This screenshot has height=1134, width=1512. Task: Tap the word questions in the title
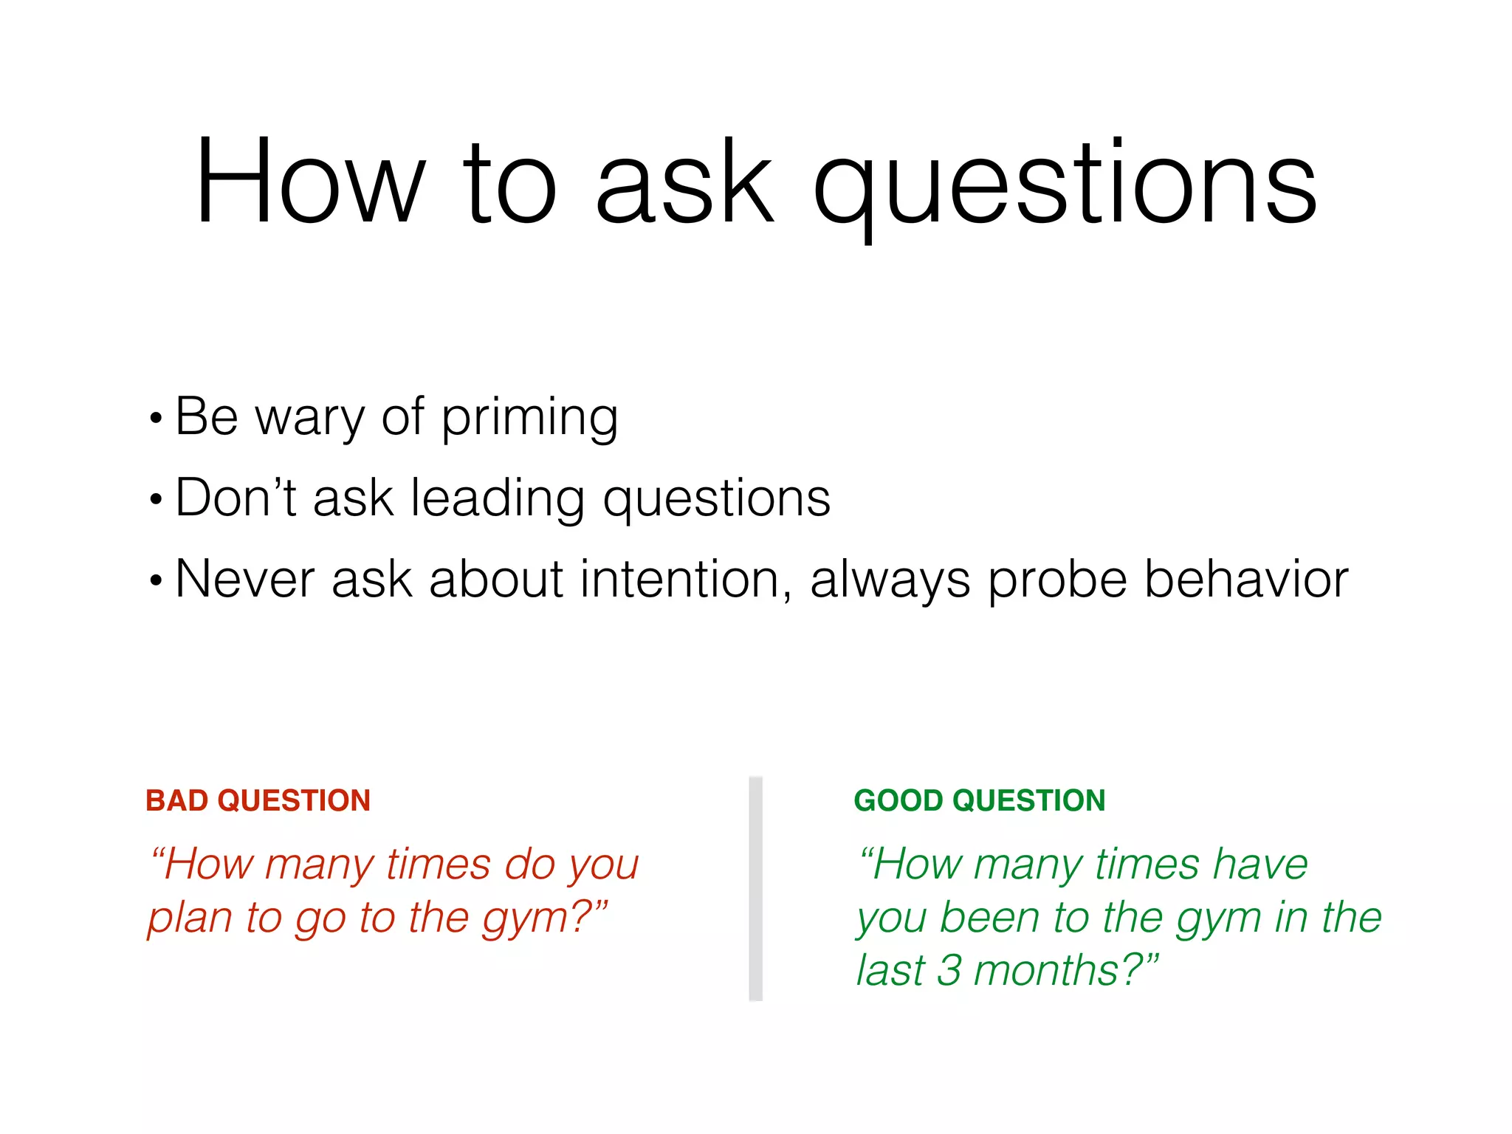tap(1065, 185)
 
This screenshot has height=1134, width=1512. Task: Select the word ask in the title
tap(684, 182)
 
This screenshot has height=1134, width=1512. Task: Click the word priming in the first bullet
tap(529, 419)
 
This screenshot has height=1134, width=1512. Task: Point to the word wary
tap(309, 419)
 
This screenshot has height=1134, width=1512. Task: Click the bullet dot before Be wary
tap(155, 419)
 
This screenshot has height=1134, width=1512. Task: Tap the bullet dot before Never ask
tap(155, 580)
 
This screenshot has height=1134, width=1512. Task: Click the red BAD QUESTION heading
tap(258, 800)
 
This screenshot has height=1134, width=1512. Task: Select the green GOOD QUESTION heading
tap(979, 800)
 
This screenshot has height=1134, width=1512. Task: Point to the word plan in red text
tap(190, 920)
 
